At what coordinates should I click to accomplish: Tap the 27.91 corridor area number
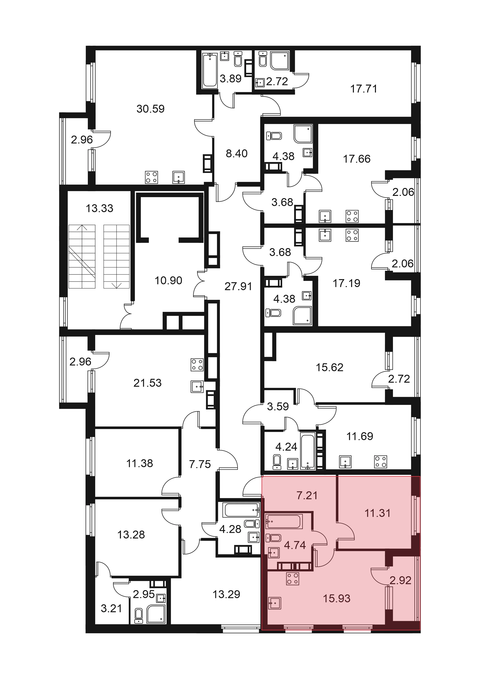[x=238, y=286]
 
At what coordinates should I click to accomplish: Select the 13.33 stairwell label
[x=100, y=208]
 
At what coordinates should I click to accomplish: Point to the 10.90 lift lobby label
[x=169, y=280]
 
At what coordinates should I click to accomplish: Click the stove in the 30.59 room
[x=151, y=177]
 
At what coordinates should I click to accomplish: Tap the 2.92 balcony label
[x=400, y=580]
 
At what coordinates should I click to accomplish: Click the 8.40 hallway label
[x=236, y=153]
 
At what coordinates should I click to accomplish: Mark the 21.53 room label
[x=147, y=383]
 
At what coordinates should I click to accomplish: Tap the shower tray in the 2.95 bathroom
[x=156, y=614]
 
